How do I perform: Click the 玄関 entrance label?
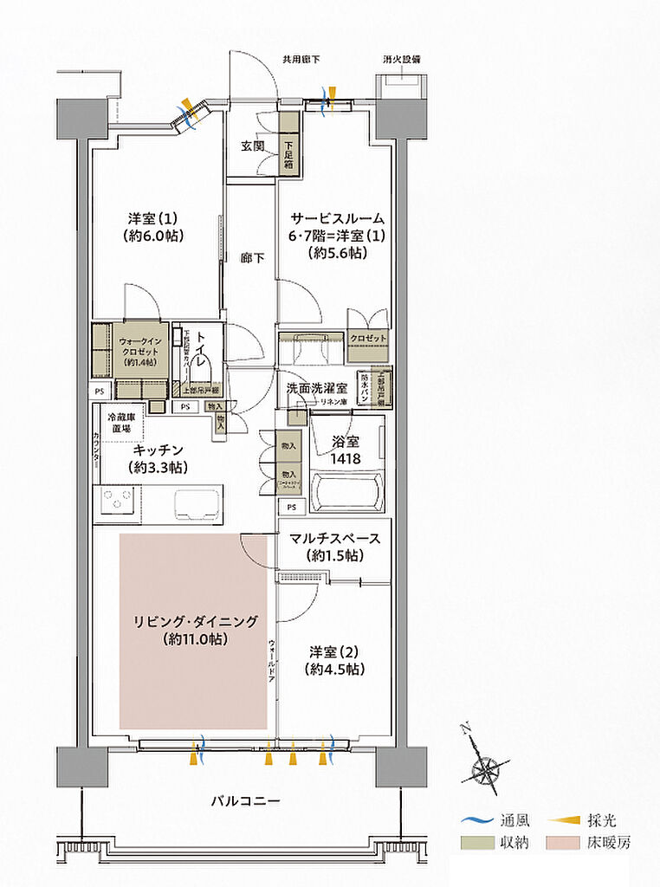pyautogui.click(x=252, y=146)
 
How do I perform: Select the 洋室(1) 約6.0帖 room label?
pyautogui.click(x=156, y=227)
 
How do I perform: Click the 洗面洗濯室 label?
pyautogui.click(x=317, y=389)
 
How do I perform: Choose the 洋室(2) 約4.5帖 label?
pyautogui.click(x=333, y=660)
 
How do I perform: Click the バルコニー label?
pyautogui.click(x=245, y=801)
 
